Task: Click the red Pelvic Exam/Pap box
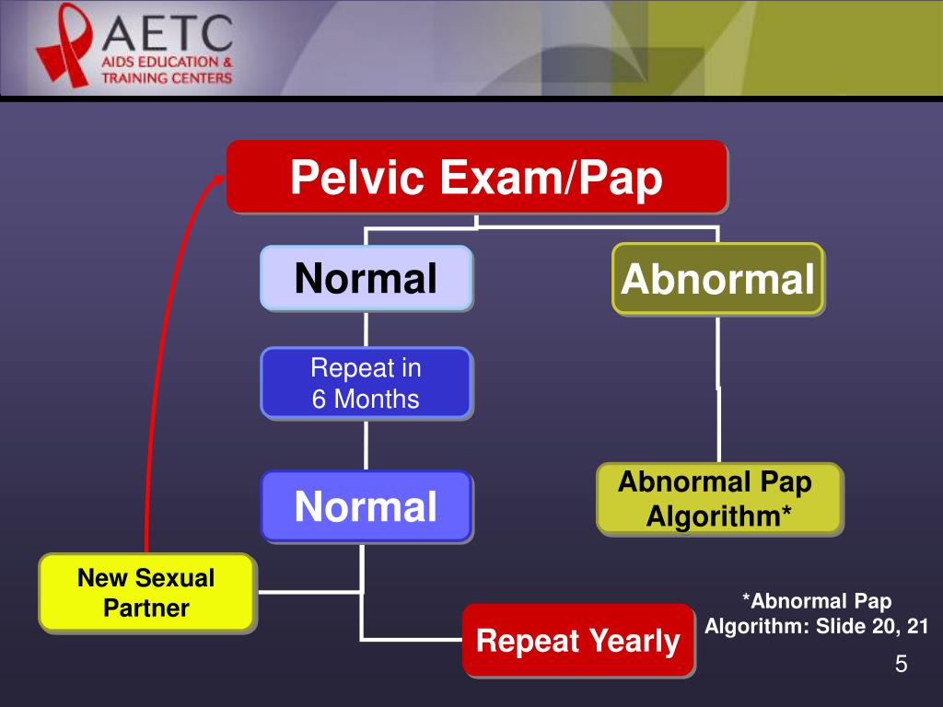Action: pos(476,177)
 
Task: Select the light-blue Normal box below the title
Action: pos(366,277)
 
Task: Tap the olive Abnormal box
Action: pos(717,279)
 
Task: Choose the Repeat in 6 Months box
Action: pos(366,383)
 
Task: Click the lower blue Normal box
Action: pos(366,505)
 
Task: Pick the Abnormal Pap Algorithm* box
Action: pos(718,498)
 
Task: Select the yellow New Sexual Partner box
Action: pos(146,593)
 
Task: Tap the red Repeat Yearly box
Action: pos(577,640)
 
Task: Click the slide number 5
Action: pos(901,665)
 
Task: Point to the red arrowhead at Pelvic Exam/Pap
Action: pos(217,178)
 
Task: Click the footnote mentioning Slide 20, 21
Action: pos(816,614)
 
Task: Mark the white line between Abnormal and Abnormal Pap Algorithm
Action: pos(719,387)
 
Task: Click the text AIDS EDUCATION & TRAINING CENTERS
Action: pos(167,70)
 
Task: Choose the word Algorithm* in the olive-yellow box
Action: pos(718,516)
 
